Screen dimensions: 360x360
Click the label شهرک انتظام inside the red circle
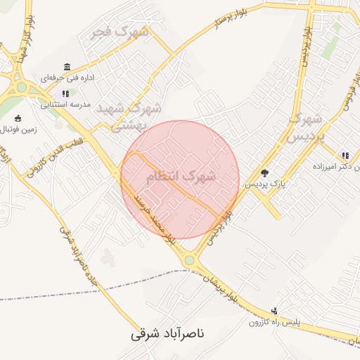[x=181, y=175]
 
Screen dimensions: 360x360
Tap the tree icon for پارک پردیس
[x=264, y=173]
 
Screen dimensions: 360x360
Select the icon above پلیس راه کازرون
[x=274, y=310]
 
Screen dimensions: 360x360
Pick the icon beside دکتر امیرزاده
[x=345, y=155]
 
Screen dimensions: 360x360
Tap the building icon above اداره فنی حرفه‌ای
[x=67, y=67]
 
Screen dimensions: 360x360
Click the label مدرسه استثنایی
[x=66, y=104]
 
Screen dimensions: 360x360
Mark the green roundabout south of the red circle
[x=189, y=261]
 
